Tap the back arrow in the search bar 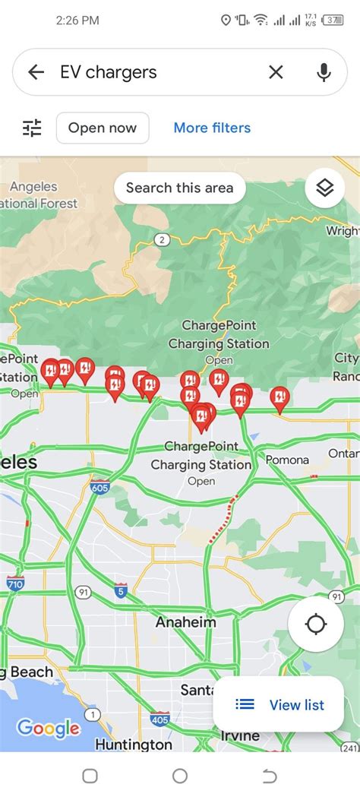(36, 72)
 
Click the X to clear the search (276, 72)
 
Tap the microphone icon (324, 72)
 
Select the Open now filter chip (103, 128)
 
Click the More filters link (212, 128)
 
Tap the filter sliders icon (32, 128)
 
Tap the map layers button (325, 188)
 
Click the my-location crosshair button (315, 625)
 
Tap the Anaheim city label (185, 622)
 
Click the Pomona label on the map (287, 460)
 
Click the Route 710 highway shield (15, 583)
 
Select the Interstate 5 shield (121, 590)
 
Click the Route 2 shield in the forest (160, 240)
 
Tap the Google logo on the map (48, 729)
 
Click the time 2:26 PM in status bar (77, 21)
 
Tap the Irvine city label (239, 736)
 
